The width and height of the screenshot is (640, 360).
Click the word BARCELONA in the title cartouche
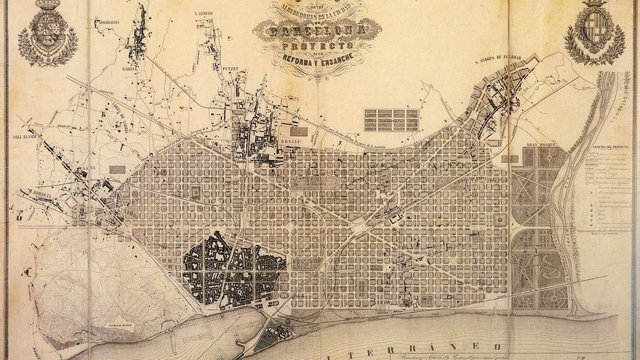coord(317,31)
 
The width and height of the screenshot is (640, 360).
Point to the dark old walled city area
coord(225,269)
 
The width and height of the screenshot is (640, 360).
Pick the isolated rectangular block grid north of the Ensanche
coord(391,119)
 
